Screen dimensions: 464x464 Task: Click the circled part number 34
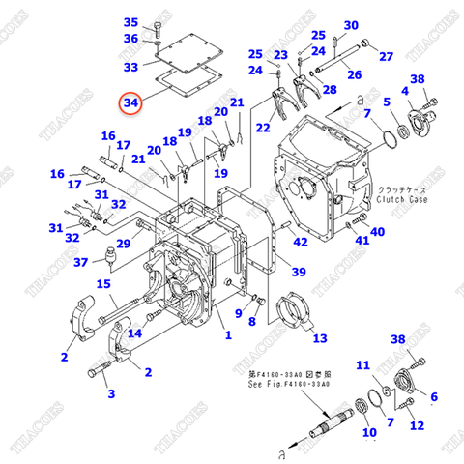click(x=130, y=101)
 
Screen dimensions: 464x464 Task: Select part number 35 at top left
click(x=131, y=22)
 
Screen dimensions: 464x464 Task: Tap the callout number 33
click(x=130, y=67)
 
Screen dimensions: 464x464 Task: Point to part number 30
click(x=351, y=25)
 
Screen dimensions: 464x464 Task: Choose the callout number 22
click(x=263, y=127)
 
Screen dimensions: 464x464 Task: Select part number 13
click(x=318, y=337)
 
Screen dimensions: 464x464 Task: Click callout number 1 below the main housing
click(x=228, y=335)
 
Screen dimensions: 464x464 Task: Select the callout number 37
click(x=81, y=261)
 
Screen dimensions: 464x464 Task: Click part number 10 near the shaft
click(x=369, y=433)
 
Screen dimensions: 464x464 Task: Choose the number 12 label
click(x=417, y=425)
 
